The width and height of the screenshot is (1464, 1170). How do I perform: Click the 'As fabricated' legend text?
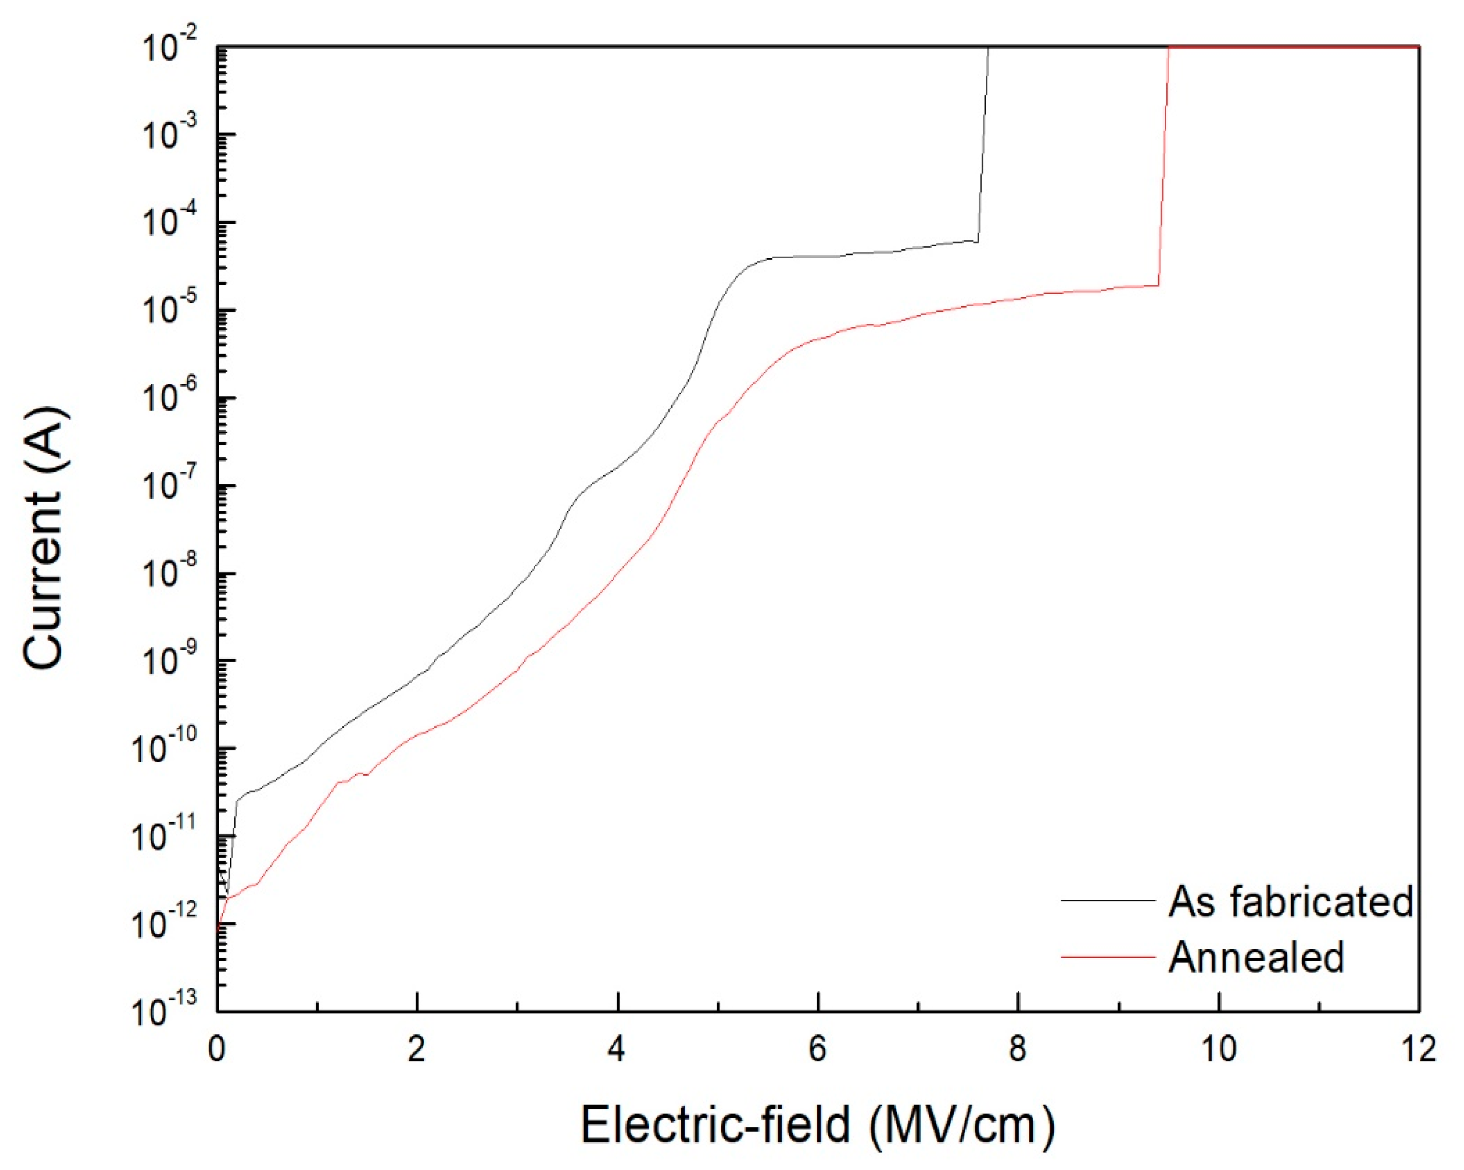pyautogui.click(x=1290, y=902)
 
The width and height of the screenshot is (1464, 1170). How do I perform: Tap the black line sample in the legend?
pyautogui.click(x=1108, y=901)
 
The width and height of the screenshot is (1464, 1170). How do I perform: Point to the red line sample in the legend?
pyautogui.click(x=1108, y=957)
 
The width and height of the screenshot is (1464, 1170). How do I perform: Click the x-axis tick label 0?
pyautogui.click(x=217, y=1050)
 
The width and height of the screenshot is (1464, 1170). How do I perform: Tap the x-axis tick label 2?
pyautogui.click(x=417, y=1050)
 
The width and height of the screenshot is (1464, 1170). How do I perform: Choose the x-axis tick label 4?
pyautogui.click(x=617, y=1050)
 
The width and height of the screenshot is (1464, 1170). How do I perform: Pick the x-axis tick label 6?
pyautogui.click(x=818, y=1050)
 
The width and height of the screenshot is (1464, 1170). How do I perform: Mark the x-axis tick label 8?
pyautogui.click(x=1017, y=1050)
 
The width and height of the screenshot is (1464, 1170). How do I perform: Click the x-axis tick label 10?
pyautogui.click(x=1219, y=1050)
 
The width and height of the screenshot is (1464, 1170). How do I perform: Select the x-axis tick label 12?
pyautogui.click(x=1418, y=1050)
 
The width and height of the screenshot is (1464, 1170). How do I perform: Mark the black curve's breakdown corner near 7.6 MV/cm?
pyautogui.click(x=978, y=241)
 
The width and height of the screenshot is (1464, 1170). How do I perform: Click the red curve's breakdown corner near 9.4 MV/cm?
pyautogui.click(x=1159, y=286)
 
